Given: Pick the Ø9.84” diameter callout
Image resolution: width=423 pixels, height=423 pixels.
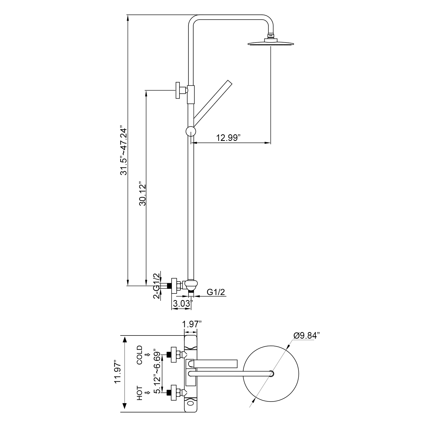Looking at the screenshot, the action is (307, 336).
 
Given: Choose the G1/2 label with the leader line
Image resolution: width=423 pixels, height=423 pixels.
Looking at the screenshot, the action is (216, 292).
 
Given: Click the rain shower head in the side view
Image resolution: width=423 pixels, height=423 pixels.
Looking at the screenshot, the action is (271, 42).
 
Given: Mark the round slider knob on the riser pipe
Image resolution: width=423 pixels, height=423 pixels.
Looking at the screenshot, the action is (191, 131).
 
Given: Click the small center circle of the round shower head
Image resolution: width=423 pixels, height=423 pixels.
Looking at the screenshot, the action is (272, 374).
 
